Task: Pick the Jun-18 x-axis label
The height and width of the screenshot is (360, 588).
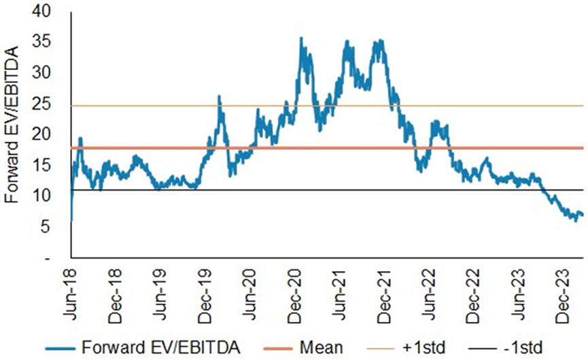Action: click(71, 285)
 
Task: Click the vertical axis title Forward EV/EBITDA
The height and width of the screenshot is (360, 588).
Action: click(12, 134)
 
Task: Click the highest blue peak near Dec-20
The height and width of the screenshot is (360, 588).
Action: click(301, 39)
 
